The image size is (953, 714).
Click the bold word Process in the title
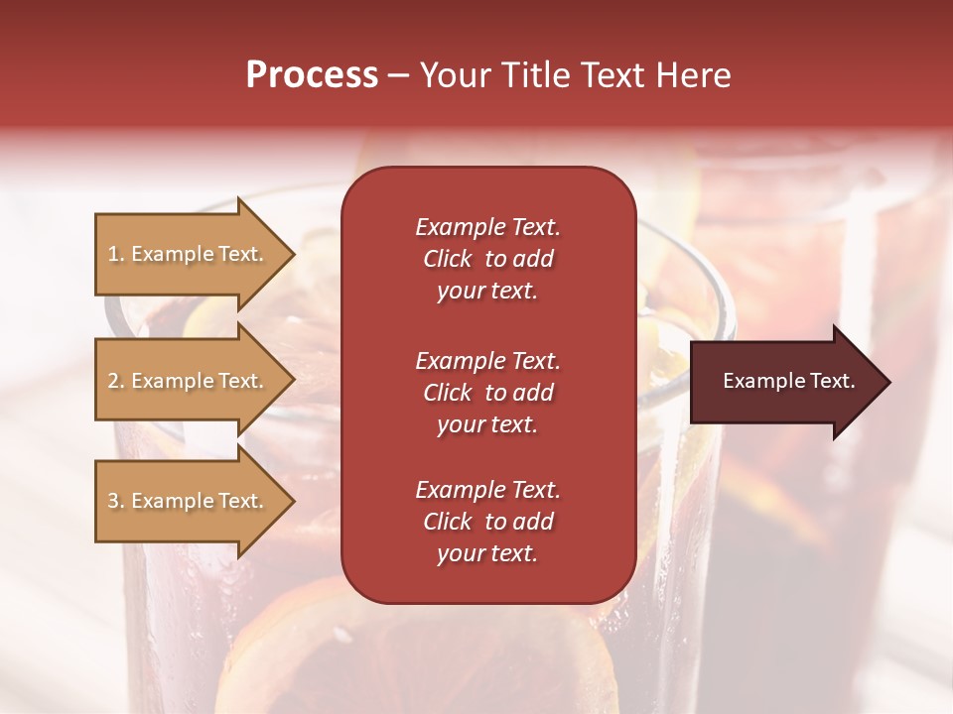(x=312, y=75)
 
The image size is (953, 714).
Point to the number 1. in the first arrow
(x=116, y=254)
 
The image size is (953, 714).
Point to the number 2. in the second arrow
(x=116, y=381)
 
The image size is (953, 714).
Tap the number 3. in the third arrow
(x=116, y=501)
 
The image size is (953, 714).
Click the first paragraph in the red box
(x=487, y=259)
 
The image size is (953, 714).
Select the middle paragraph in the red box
(x=487, y=393)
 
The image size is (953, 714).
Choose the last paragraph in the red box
(x=487, y=522)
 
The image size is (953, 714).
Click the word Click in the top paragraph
(x=448, y=259)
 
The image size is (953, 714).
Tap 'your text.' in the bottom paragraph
(x=487, y=553)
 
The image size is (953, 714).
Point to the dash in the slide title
(x=399, y=76)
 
